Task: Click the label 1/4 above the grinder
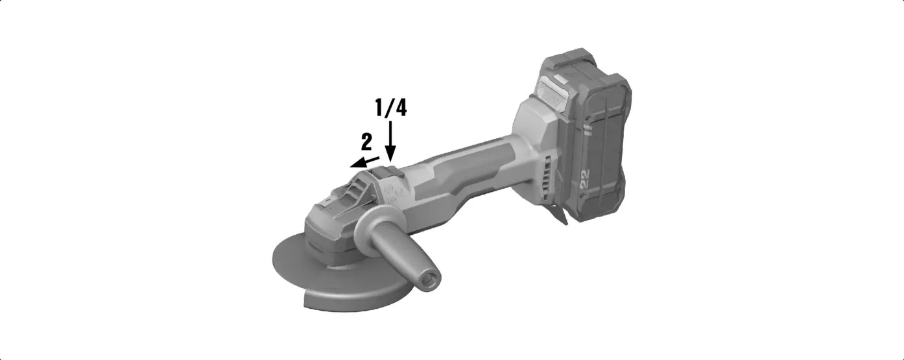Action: [x=391, y=108]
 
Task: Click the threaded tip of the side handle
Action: [x=431, y=280]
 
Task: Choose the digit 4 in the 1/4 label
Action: [x=401, y=108]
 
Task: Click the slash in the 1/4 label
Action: [x=390, y=108]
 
